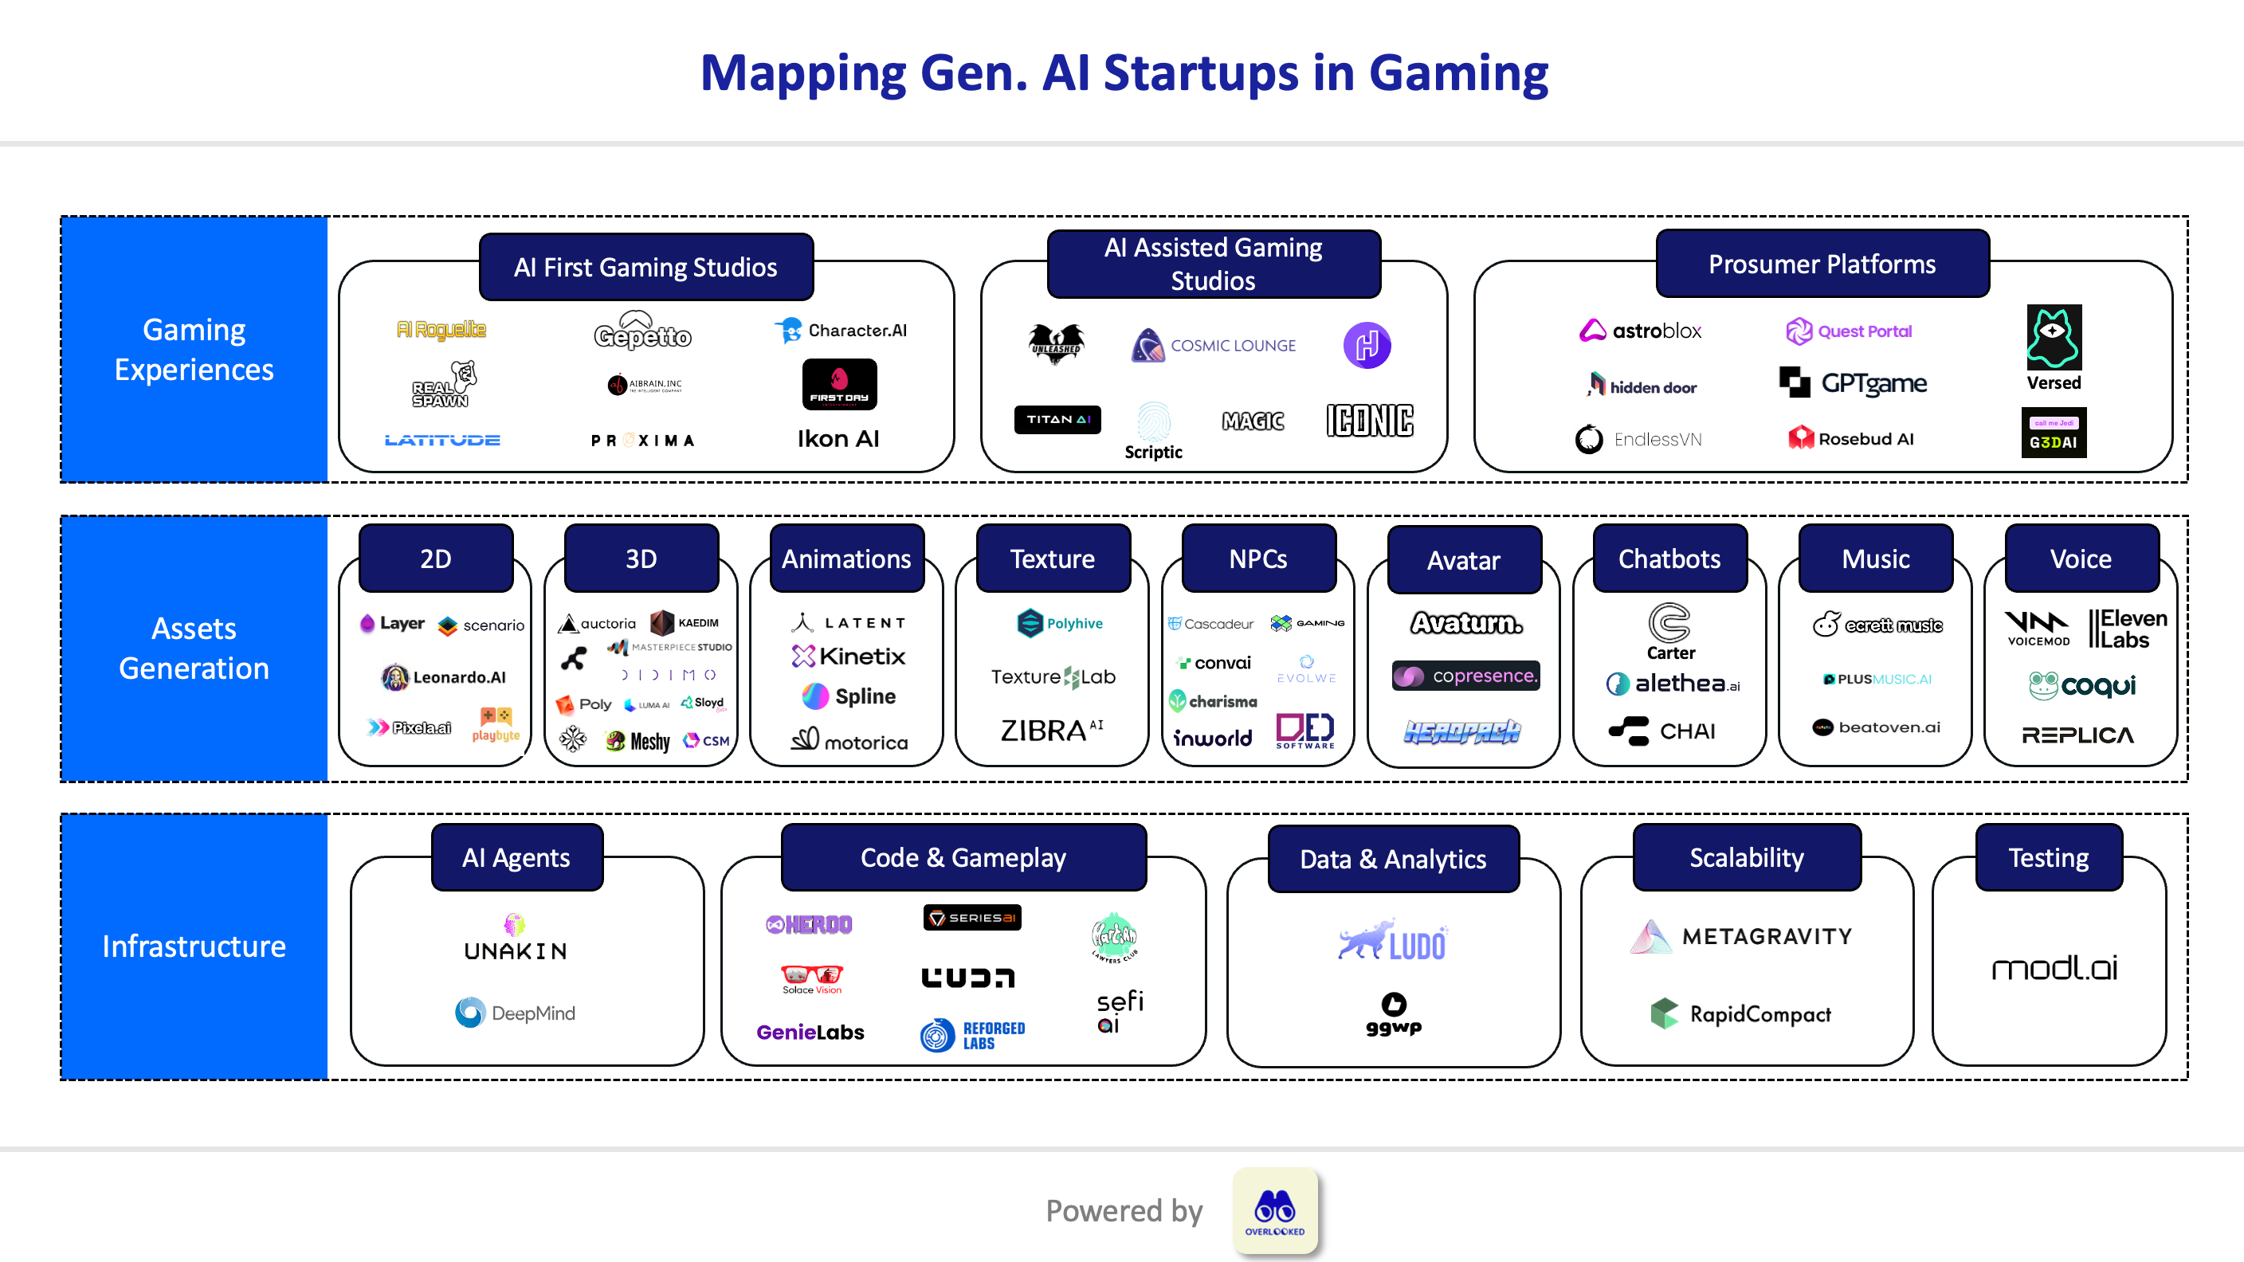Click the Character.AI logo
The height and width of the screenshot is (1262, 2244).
click(841, 331)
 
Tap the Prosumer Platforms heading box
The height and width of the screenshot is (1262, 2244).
click(1822, 264)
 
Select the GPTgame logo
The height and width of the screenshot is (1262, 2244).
click(1853, 383)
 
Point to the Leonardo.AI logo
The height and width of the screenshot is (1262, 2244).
click(443, 676)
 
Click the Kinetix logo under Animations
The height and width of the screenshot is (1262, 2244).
click(849, 656)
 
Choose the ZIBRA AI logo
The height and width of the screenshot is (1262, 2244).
click(1051, 730)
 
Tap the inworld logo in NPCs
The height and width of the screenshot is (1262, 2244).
click(1212, 738)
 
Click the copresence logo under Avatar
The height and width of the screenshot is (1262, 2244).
click(1466, 676)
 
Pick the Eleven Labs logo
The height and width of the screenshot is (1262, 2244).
click(2126, 629)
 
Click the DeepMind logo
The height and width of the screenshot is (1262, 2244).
click(515, 1013)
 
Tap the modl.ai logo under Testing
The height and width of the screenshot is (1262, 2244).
click(2054, 968)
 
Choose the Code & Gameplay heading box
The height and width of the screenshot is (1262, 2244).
click(963, 858)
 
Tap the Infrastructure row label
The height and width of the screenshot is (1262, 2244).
click(194, 946)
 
